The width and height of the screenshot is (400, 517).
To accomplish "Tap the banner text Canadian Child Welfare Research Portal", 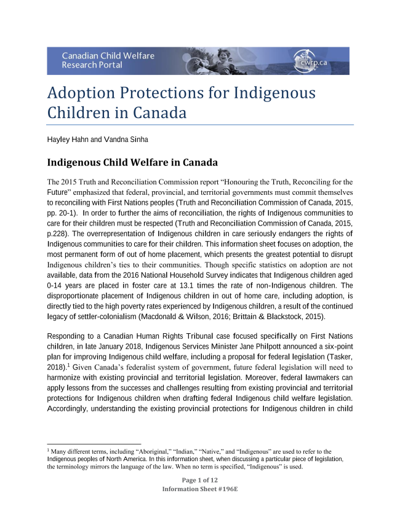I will point(108,60).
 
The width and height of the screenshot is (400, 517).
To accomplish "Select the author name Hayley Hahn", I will point(67,140).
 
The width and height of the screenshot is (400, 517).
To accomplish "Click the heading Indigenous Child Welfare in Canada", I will point(132,164).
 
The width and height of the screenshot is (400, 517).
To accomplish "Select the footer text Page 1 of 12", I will point(200,480).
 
